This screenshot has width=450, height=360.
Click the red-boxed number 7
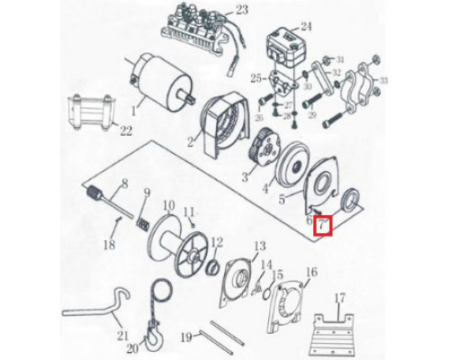point(322,225)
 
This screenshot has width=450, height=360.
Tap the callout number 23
point(242,10)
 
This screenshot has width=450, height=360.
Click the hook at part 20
point(154,337)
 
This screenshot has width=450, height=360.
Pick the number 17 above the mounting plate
point(339,300)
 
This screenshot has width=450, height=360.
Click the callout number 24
point(306,26)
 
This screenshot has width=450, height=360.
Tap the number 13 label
point(260,246)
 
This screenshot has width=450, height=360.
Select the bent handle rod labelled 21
point(96,306)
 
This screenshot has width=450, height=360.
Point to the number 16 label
point(311,272)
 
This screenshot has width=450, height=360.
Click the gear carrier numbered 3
point(265,148)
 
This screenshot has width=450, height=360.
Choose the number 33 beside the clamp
point(383,80)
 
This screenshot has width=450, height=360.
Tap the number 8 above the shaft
point(124,184)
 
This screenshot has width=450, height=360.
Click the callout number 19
point(186,337)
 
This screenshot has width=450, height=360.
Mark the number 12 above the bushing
point(217,242)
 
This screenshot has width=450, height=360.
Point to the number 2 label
point(190,141)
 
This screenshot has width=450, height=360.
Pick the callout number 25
point(256,79)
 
